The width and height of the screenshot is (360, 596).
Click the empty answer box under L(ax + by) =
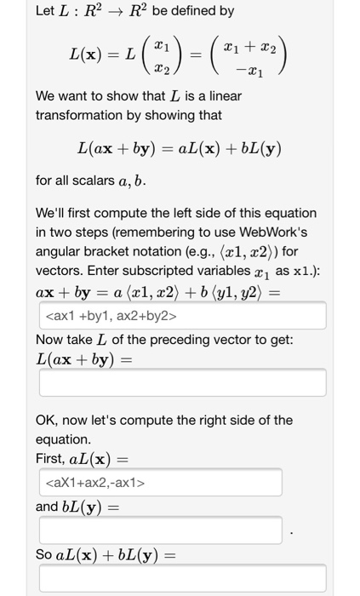point(180,382)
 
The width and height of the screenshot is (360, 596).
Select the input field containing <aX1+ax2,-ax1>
point(159,483)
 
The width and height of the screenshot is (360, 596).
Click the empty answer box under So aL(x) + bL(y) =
point(180,580)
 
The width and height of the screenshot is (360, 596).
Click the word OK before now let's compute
point(47,420)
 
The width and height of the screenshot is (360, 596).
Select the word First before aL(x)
point(50,457)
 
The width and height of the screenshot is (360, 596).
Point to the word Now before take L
point(50,340)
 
